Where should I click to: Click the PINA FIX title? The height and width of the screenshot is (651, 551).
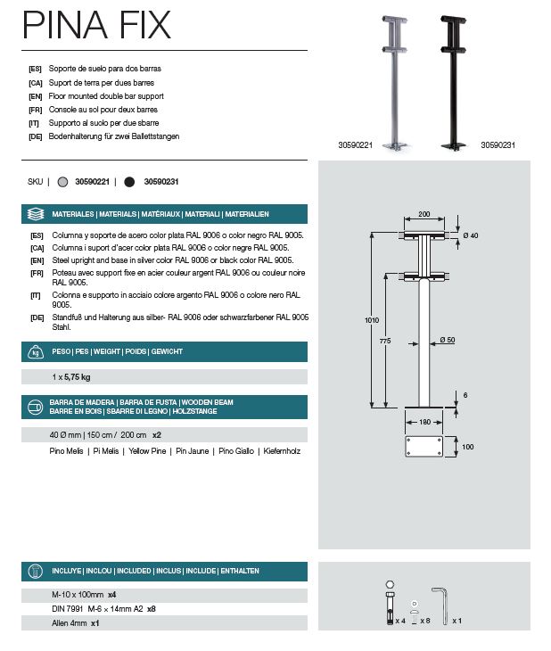tap(97, 26)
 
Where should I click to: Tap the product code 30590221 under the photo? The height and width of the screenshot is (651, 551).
tap(355, 144)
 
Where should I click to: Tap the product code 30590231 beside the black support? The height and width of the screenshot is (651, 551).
tap(498, 144)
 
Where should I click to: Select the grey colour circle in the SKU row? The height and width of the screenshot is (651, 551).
tap(62, 181)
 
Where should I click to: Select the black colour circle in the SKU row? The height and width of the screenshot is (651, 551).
tap(129, 181)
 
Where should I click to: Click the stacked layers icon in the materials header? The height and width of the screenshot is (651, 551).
tap(36, 214)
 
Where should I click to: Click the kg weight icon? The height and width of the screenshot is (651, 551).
tap(36, 351)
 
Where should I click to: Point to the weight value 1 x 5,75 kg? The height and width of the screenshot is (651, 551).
tap(71, 377)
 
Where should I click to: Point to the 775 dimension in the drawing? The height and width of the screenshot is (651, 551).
tap(384, 341)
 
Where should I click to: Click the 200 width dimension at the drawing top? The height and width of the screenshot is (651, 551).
tap(424, 215)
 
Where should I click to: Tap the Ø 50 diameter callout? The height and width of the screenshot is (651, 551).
tap(448, 340)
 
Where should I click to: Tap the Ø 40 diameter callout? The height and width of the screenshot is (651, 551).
tap(471, 235)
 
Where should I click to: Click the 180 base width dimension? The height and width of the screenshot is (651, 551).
tap(424, 422)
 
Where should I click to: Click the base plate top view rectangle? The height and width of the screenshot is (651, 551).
tap(424, 447)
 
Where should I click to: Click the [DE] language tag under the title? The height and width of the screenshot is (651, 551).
tap(36, 136)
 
